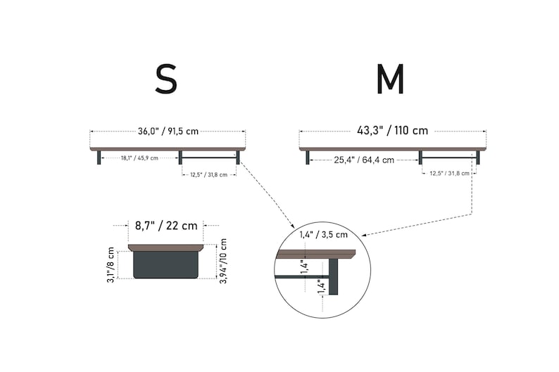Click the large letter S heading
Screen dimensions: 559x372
coord(166,79)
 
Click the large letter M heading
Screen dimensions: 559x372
coord(390,79)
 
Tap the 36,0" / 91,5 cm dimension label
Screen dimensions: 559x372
coord(168,131)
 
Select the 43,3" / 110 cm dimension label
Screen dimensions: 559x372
coord(392,131)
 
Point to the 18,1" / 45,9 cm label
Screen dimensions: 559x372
coord(139,158)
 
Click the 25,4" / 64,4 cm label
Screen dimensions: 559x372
coord(364,160)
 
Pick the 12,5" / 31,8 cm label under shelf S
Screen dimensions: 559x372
coord(208,175)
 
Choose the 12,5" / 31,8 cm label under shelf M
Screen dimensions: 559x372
coord(449,174)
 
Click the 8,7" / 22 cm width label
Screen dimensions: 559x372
coord(166,226)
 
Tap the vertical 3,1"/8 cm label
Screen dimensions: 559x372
coord(111,265)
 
